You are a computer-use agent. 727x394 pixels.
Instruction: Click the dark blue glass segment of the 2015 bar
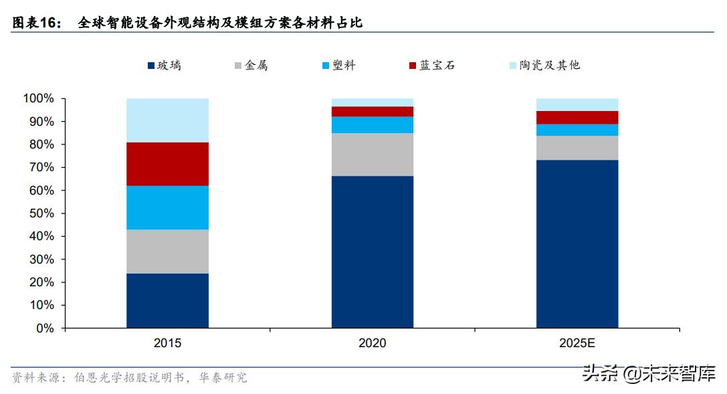click(167, 300)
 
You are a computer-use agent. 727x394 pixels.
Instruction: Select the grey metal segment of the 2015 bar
click(167, 251)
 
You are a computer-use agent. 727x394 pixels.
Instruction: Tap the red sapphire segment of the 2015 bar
click(167, 164)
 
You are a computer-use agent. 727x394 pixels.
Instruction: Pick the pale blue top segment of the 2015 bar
click(167, 120)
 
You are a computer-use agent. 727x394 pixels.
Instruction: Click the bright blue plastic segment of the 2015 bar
click(167, 207)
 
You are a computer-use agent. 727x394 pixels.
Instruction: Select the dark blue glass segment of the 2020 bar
click(373, 252)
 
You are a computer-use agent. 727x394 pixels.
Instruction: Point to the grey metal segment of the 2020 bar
click(373, 155)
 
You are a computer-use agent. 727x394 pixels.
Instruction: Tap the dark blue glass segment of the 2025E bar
click(577, 244)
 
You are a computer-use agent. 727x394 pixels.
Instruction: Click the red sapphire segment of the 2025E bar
click(577, 118)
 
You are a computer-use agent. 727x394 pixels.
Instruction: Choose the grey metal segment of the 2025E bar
click(577, 148)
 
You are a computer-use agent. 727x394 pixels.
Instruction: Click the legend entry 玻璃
click(164, 66)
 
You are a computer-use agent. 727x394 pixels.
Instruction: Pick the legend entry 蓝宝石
click(432, 66)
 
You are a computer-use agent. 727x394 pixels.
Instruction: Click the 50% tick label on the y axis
click(41, 213)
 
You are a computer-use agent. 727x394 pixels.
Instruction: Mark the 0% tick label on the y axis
click(44, 328)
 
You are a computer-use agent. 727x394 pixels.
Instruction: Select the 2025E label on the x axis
click(577, 342)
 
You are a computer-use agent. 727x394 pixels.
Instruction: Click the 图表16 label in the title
click(36, 23)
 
